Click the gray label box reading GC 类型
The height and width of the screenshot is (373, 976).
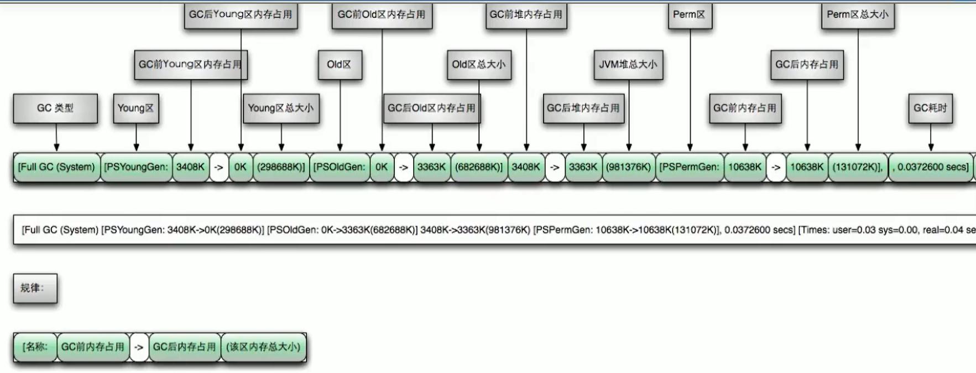pyautogui.click(x=55, y=108)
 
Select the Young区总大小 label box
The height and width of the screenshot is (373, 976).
pyautogui.click(x=281, y=108)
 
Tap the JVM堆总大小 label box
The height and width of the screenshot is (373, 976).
pyautogui.click(x=628, y=65)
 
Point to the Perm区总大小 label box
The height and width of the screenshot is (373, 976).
pyautogui.click(x=858, y=15)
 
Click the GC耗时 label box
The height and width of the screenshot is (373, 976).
pyautogui.click(x=930, y=108)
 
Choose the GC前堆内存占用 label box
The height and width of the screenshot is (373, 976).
pyautogui.click(x=526, y=15)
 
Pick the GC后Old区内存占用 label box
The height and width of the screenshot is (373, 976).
pyautogui.click(x=432, y=108)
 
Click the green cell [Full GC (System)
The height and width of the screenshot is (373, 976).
pyautogui.click(x=56, y=167)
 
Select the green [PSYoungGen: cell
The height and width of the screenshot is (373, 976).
pyautogui.click(x=136, y=167)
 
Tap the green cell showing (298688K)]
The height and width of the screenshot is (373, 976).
pyautogui.click(x=281, y=167)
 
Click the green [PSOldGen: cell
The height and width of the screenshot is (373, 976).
pyautogui.click(x=340, y=167)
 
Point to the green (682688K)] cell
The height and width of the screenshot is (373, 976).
pyautogui.click(x=479, y=167)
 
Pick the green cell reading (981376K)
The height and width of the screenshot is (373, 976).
pyautogui.click(x=628, y=167)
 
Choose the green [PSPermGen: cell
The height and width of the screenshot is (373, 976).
pyautogui.click(x=690, y=167)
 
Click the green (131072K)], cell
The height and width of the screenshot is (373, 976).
pyautogui.click(x=858, y=167)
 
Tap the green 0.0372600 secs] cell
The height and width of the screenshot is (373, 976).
pyautogui.click(x=931, y=167)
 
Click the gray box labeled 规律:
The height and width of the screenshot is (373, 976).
pyautogui.click(x=35, y=288)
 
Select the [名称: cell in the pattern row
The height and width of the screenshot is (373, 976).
pyautogui.click(x=35, y=347)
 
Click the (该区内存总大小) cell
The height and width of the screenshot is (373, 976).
pyautogui.click(x=263, y=347)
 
